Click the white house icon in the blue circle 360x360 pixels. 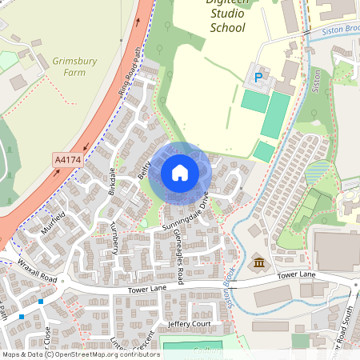click(x=179, y=173)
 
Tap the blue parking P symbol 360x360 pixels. click(x=258, y=78)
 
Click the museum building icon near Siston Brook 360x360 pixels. click(x=259, y=262)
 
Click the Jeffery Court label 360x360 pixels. click(x=189, y=323)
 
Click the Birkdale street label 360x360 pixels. click(x=111, y=182)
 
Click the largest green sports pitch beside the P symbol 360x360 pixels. click(x=276, y=114)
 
